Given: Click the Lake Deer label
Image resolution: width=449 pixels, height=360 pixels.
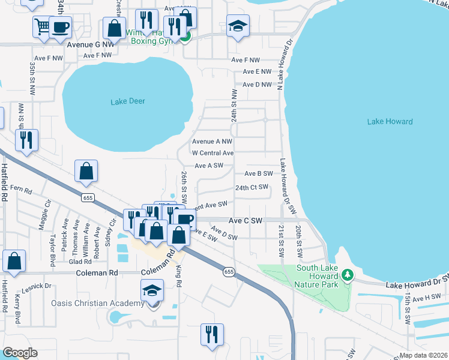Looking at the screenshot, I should (128, 101).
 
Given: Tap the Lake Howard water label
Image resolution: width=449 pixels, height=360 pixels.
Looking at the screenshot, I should (390, 121).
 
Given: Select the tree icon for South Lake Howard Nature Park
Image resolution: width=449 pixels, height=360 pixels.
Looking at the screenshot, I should (347, 275).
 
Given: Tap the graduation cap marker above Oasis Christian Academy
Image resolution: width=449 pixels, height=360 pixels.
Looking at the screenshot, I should (152, 291).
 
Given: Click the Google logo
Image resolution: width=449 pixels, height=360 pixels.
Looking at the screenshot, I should (20, 353).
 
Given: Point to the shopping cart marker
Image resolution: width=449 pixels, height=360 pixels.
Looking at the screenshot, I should (42, 27).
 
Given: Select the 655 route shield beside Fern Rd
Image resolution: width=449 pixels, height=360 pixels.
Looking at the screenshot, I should (88, 197).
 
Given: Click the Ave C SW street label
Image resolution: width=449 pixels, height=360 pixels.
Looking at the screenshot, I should (244, 221).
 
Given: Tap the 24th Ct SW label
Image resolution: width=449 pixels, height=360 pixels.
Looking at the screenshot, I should (251, 188).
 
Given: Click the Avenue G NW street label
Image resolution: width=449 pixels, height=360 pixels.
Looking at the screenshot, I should (91, 44).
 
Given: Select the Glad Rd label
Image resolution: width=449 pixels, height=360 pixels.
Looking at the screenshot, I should (80, 262).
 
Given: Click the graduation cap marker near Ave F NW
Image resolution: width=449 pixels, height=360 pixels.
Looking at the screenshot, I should (238, 26).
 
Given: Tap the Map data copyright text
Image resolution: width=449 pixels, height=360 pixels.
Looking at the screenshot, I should (424, 355).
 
